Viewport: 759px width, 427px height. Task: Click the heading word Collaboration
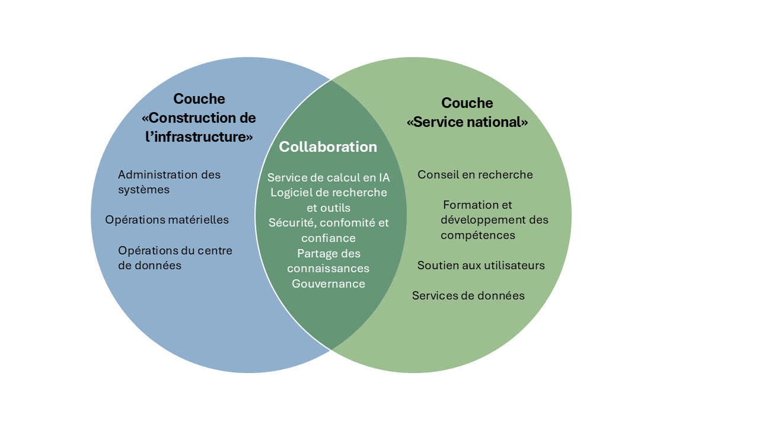328,147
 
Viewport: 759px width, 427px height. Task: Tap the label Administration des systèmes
169,182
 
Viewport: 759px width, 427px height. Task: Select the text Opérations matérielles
167,219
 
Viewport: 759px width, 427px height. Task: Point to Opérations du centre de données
175,258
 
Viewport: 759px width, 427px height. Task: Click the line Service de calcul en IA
329,177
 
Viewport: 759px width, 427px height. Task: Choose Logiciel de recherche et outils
329,200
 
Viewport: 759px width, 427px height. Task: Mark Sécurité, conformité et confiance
329,230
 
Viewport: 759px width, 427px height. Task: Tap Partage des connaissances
329,260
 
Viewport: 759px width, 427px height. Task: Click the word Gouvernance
329,283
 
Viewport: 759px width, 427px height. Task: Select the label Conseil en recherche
475,174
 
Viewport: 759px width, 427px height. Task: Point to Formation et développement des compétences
495,220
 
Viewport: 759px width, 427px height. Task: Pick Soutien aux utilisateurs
481,265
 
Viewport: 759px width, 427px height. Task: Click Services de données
468,295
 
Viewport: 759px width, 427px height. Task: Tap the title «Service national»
467,122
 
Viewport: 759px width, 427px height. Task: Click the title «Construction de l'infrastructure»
199,127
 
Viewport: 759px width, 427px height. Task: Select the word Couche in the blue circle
199,99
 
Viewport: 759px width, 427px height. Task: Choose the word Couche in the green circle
467,103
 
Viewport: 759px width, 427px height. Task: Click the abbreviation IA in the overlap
384,177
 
